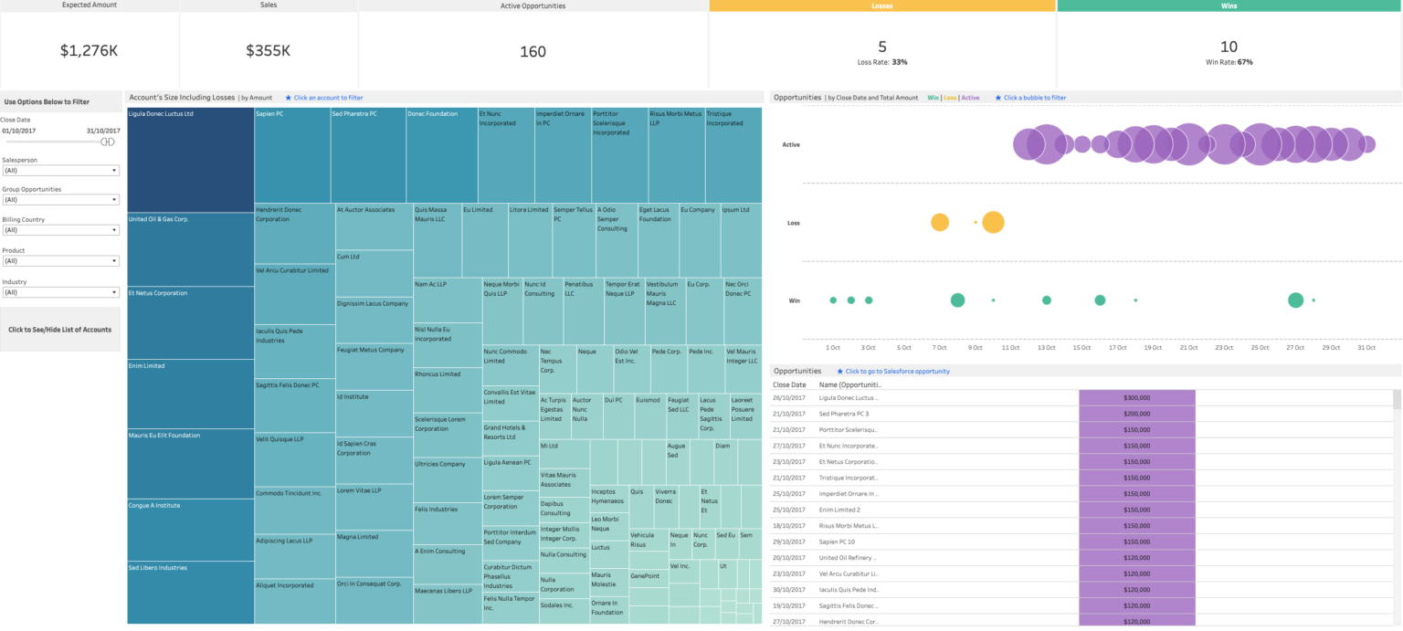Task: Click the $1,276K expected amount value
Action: pyautogui.click(x=89, y=51)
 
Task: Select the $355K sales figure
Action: pyautogui.click(x=268, y=51)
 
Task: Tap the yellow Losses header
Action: pyautogui.click(x=881, y=5)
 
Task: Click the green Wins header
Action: pyautogui.click(x=1229, y=5)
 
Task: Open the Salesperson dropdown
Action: pyautogui.click(x=60, y=171)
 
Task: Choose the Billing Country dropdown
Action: pyautogui.click(x=60, y=230)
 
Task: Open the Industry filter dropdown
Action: pyautogui.click(x=60, y=292)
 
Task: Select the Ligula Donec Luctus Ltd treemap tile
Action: pyautogui.click(x=190, y=160)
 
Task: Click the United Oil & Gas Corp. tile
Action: pyautogui.click(x=190, y=249)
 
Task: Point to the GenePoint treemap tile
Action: pyautogui.click(x=647, y=577)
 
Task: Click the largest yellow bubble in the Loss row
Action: pyautogui.click(x=993, y=222)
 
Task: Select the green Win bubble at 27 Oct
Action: pyautogui.click(x=1295, y=300)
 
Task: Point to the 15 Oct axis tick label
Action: pyautogui.click(x=1082, y=348)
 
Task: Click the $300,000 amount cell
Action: pyautogui.click(x=1136, y=398)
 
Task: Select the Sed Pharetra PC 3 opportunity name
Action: pyautogui.click(x=849, y=414)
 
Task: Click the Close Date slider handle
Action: pyautogui.click(x=108, y=142)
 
